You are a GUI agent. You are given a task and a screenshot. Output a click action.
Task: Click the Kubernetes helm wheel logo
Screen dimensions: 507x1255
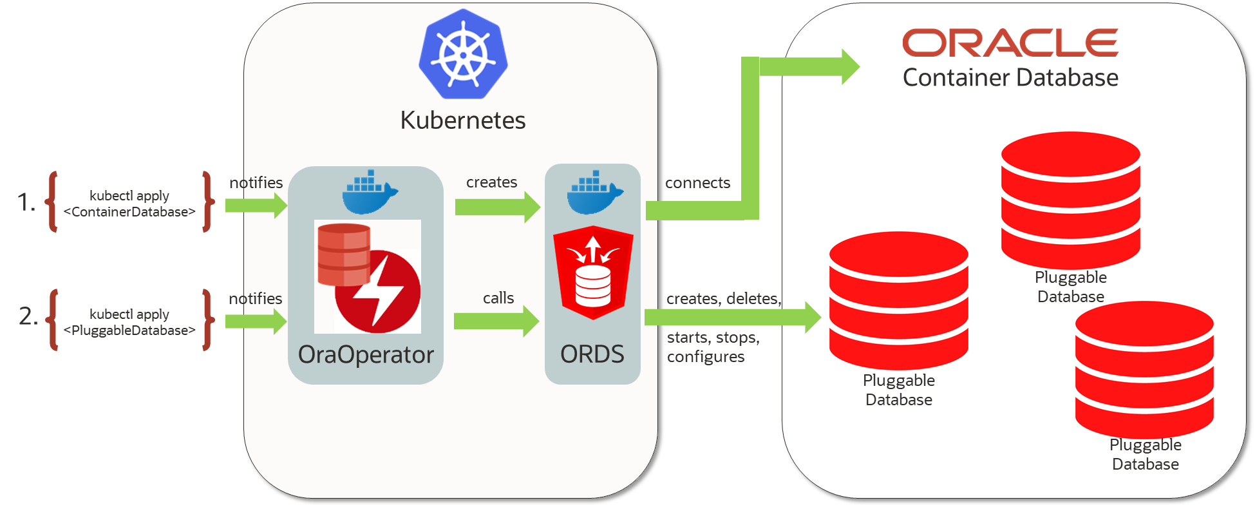[x=463, y=54]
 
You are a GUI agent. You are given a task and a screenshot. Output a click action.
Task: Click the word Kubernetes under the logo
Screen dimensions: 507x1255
[x=463, y=120]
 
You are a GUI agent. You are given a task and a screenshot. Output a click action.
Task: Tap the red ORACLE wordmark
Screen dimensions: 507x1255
[x=1010, y=43]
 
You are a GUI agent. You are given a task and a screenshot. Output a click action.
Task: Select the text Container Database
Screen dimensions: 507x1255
[x=1010, y=78]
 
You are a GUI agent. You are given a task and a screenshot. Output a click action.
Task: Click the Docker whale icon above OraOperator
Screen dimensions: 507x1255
[x=369, y=193]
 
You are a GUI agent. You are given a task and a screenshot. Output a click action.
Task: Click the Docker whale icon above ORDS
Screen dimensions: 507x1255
[x=594, y=193]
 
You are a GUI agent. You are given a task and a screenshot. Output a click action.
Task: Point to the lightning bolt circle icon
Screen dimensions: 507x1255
[x=377, y=292]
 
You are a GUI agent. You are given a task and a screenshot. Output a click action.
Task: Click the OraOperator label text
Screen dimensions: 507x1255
[x=366, y=355]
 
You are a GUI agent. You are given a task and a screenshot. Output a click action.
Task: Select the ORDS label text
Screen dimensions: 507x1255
[x=592, y=354]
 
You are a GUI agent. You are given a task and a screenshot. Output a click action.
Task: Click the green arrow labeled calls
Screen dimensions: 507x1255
[x=496, y=321]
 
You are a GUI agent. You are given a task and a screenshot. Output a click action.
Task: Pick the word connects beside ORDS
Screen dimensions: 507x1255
[x=697, y=184]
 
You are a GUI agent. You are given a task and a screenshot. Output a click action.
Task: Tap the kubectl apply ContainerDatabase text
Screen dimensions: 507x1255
[x=129, y=204]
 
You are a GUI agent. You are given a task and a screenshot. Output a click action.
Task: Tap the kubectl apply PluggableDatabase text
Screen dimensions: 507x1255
[x=129, y=322]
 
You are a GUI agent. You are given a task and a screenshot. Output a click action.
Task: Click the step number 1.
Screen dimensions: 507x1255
[x=26, y=202]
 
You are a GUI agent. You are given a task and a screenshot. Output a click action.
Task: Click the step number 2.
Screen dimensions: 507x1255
[x=28, y=316]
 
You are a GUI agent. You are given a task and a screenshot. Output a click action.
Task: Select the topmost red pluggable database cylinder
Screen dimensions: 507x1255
[x=1070, y=200]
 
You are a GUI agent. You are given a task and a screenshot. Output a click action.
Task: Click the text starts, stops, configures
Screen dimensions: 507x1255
[x=713, y=347]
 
